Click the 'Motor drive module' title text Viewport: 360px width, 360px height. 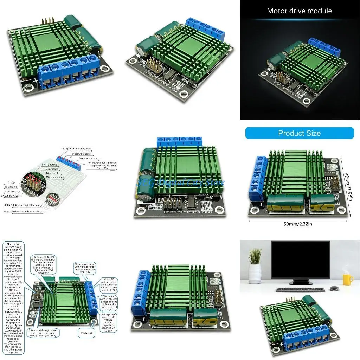pos(299,11)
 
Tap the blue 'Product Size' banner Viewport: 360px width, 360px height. pos(299,133)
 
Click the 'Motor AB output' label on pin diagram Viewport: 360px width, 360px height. pos(81,154)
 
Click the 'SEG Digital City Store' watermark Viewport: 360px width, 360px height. pos(180,182)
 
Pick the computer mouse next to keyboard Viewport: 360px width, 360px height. pos(334,288)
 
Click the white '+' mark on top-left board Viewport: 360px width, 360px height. pos(36,81)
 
